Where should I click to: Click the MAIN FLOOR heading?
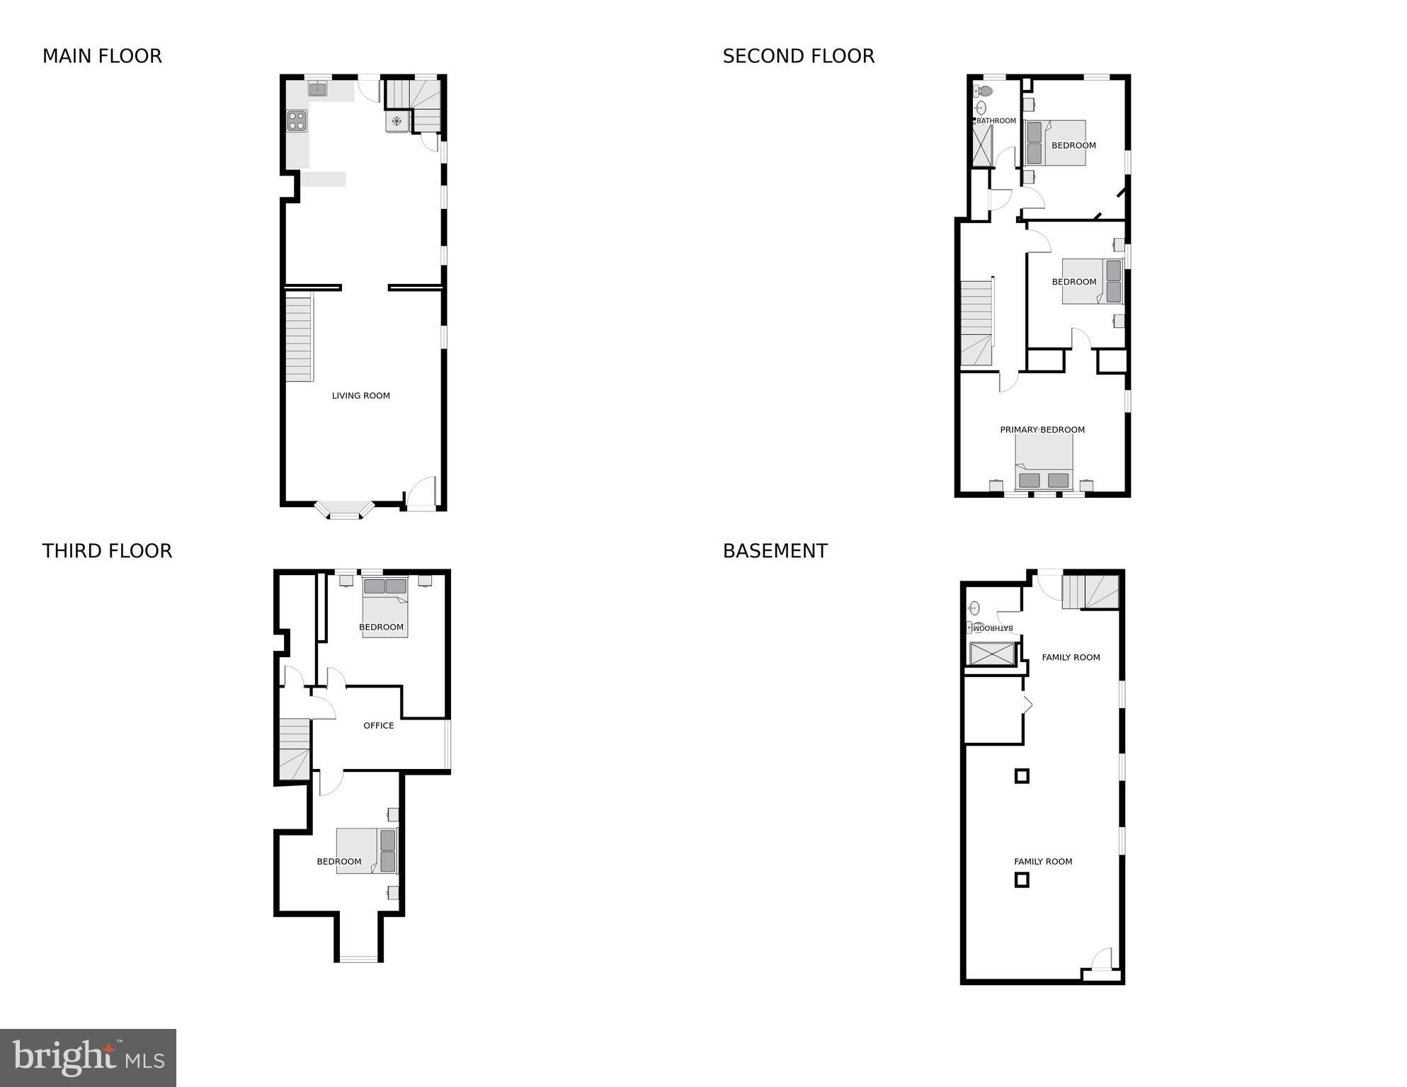102,56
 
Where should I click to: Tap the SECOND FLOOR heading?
798,56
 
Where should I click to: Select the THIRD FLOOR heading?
107,551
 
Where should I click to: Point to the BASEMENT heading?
775,551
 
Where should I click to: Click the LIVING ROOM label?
361,396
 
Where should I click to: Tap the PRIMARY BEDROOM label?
1042,430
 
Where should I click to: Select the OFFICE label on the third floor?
379,726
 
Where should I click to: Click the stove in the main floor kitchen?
297,121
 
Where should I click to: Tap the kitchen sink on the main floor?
317,89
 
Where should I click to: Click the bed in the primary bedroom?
1044,462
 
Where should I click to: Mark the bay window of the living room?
345,510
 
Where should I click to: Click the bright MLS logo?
88,1058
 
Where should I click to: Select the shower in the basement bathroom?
992,653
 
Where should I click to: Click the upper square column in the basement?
1022,776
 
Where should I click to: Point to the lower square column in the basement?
1022,880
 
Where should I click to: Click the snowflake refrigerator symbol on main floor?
397,121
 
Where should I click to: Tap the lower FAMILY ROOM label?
1043,862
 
